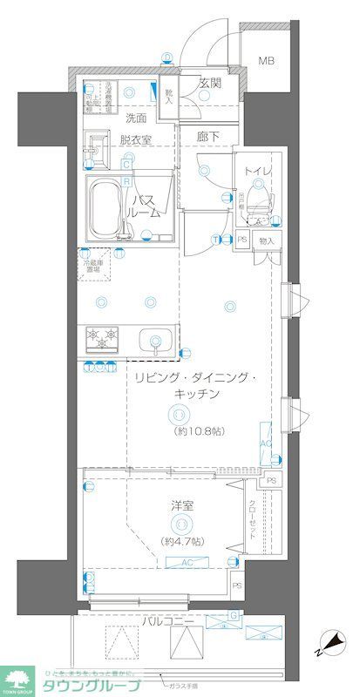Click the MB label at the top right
click(263, 61)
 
